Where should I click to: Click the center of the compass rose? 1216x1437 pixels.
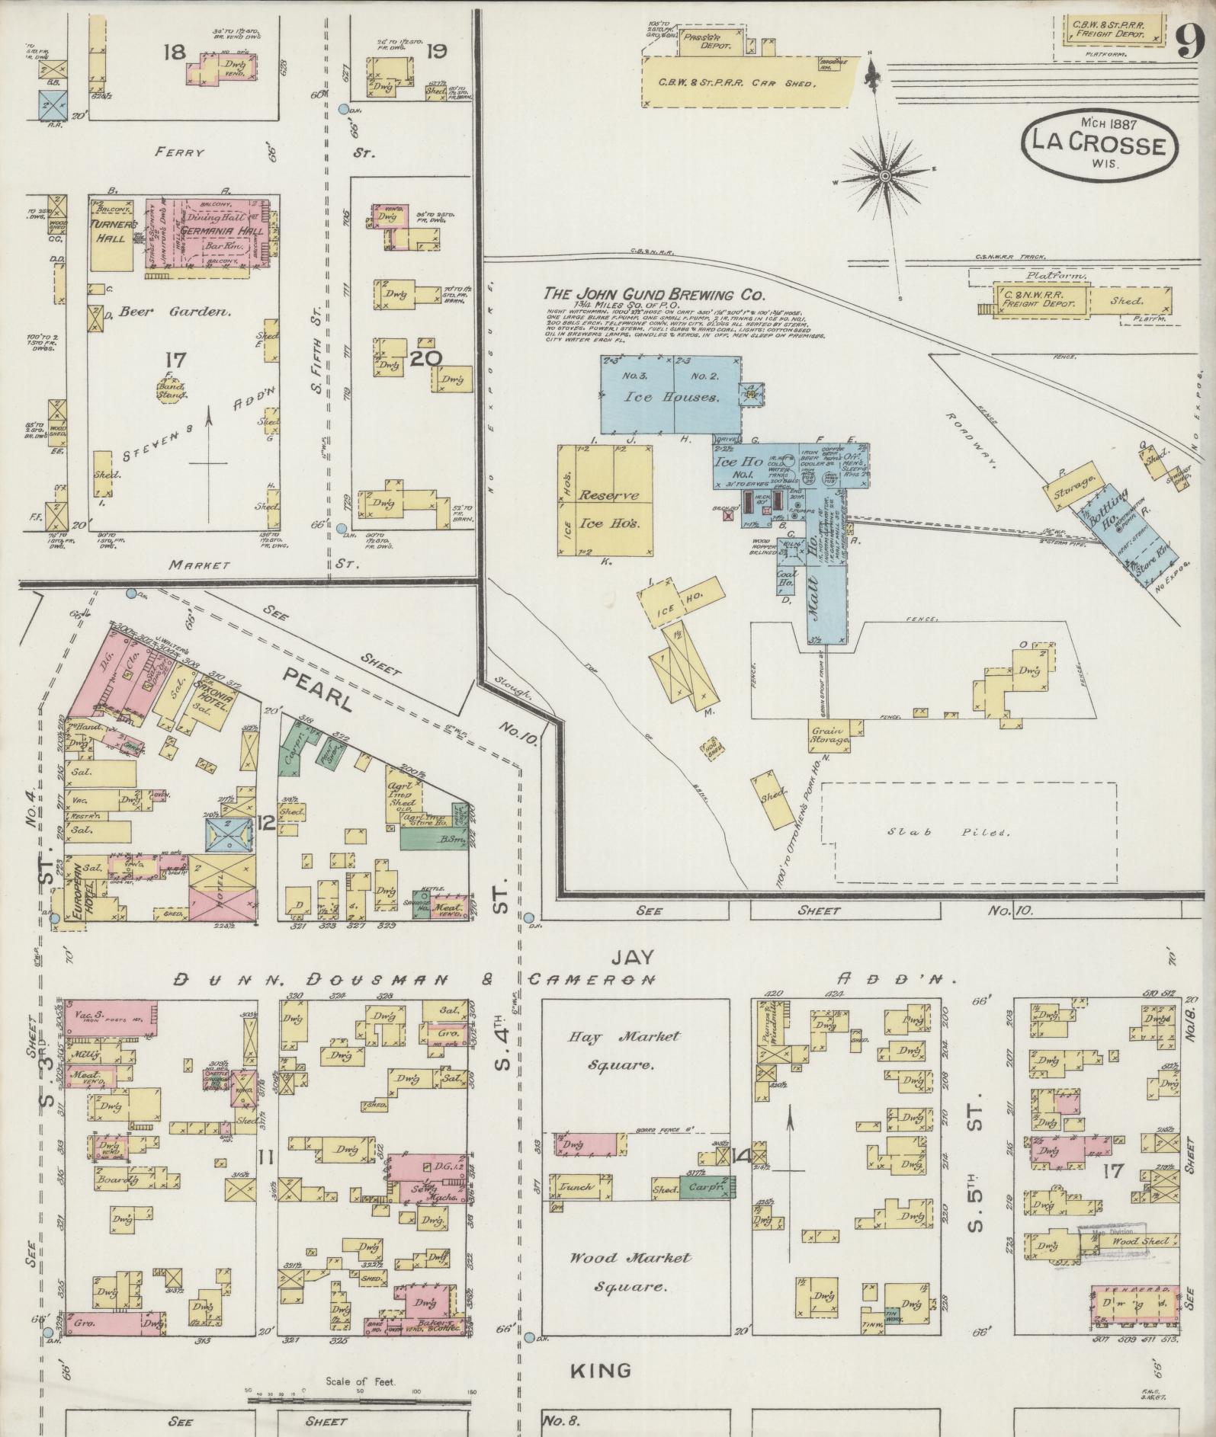tap(885, 177)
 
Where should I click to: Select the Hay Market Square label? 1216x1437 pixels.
tap(624, 1049)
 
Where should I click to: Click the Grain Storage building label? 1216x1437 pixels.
tap(829, 735)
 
